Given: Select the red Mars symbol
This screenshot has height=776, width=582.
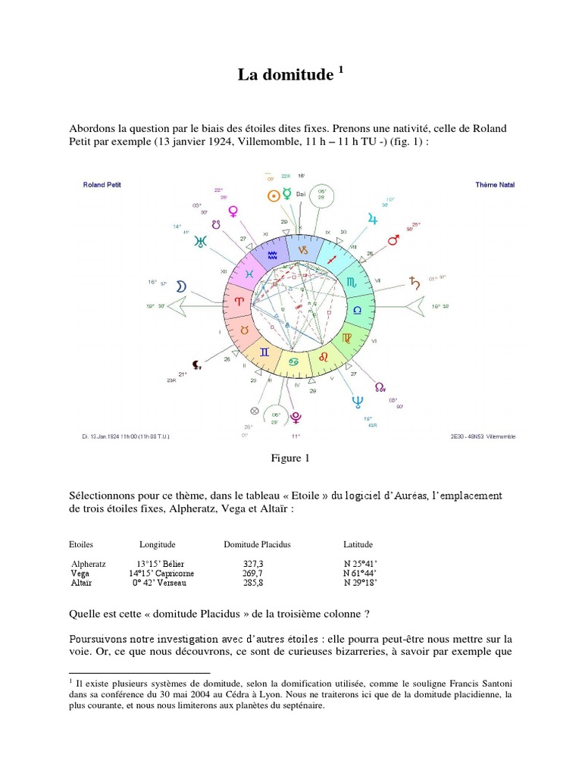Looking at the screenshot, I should point(393,239).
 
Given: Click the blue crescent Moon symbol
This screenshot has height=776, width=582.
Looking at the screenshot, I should point(181,286).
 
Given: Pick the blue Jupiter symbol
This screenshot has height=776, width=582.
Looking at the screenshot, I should point(371,218).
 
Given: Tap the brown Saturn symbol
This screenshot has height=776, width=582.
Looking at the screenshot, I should point(414,283).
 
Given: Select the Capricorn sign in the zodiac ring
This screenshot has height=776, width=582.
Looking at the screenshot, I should point(302,249).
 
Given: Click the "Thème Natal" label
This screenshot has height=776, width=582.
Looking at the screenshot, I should point(494,184).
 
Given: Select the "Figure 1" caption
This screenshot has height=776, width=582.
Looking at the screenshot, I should point(291,458).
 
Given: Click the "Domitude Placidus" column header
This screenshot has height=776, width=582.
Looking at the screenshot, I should point(257,544).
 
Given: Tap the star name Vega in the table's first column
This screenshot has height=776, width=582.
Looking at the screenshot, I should point(80,574).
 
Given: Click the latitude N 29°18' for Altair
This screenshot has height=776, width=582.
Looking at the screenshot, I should point(360,583).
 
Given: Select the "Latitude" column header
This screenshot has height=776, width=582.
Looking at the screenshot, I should point(358,544).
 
